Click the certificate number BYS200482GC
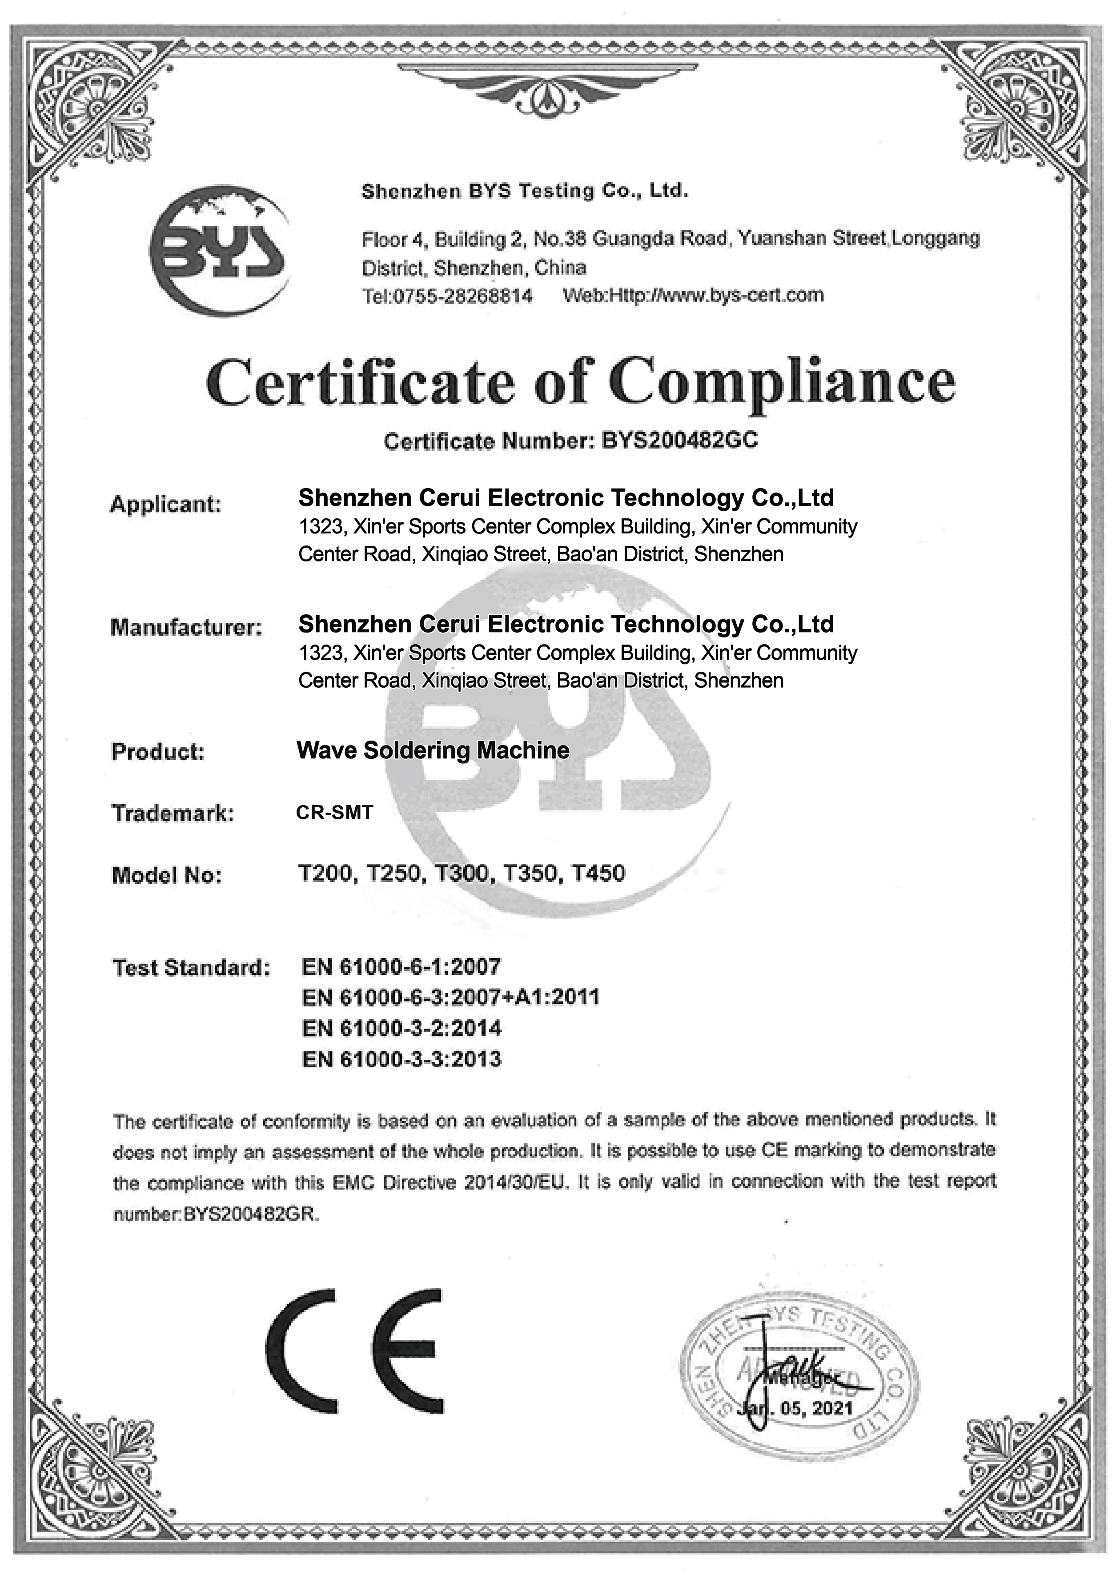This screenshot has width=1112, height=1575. tap(679, 440)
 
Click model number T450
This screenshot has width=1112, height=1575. tap(598, 873)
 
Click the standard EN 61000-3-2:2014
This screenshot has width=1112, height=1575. tap(401, 1028)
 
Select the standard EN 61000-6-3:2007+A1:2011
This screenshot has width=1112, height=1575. tap(450, 997)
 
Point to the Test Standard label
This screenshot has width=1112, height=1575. tap(191, 967)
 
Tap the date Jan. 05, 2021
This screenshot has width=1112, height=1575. tap(796, 1409)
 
